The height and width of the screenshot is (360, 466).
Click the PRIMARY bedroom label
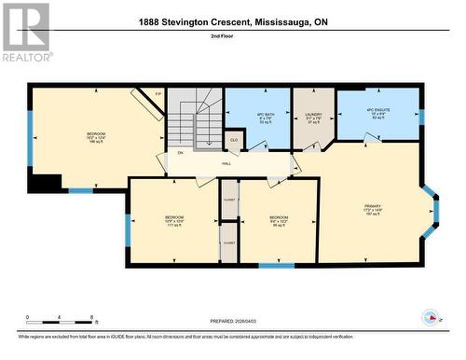372,210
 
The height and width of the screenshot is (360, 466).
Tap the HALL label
226,162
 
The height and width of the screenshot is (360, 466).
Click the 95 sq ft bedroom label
278,221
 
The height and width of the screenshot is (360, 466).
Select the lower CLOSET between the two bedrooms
229,244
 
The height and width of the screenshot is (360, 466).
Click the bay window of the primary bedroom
432,210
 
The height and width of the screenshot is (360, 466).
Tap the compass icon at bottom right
430,317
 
